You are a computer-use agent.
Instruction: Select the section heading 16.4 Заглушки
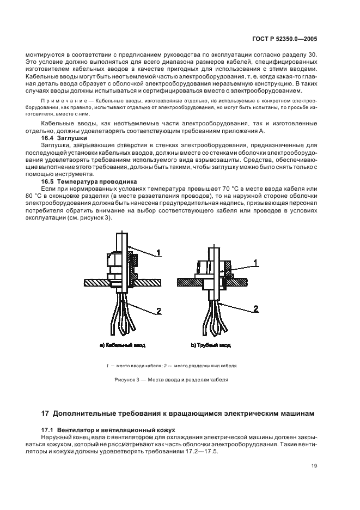[x=65, y=138]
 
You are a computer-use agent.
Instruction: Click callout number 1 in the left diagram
[x=158, y=252]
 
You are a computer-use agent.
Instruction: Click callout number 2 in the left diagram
[x=158, y=311]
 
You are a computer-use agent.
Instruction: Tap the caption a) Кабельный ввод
[x=123, y=345]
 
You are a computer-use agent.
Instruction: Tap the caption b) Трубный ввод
[x=211, y=345]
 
